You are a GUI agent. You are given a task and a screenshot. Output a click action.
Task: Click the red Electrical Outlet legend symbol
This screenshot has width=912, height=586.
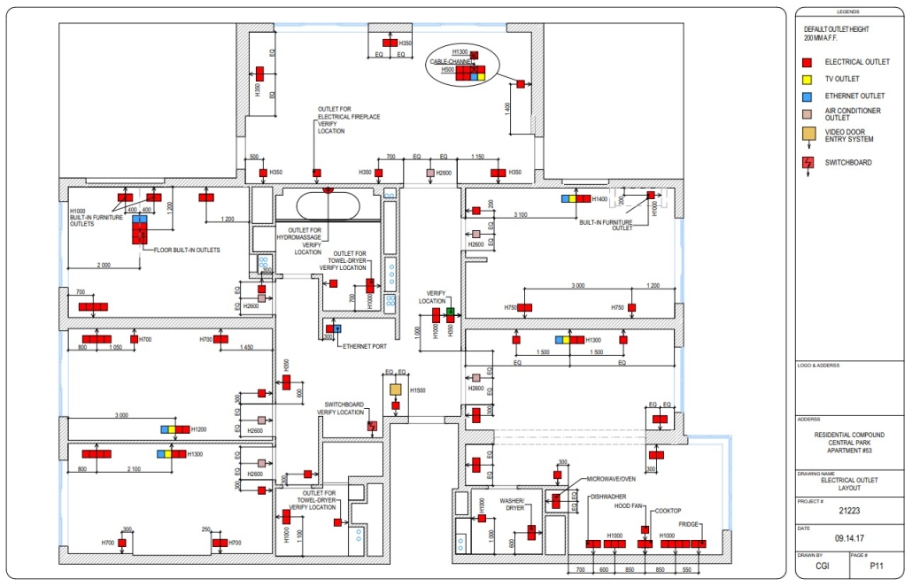point(807,63)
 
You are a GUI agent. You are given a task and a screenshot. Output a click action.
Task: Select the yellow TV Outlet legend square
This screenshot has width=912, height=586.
point(807,79)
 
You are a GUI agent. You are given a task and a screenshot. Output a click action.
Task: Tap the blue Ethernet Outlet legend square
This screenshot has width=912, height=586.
point(807,96)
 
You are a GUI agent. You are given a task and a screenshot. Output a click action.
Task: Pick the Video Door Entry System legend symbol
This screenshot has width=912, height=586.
point(808,135)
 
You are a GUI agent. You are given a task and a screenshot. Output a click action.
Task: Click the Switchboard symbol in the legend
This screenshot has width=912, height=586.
point(808,163)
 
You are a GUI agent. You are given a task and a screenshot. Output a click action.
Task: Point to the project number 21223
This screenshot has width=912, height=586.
point(849,510)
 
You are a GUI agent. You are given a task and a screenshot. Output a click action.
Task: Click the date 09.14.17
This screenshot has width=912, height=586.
point(849,537)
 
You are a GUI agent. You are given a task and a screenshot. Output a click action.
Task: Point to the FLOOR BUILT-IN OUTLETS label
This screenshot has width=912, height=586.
point(187,251)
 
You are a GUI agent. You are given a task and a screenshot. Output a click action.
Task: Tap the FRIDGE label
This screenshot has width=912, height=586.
point(688,524)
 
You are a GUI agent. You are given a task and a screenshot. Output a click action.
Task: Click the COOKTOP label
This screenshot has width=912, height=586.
point(668,511)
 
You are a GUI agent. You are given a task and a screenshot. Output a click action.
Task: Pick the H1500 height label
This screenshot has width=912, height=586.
point(417,390)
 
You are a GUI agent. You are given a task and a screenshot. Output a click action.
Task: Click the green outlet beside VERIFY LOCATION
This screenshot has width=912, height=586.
point(450,312)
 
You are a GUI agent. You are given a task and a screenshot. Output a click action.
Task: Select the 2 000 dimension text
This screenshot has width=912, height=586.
point(104,265)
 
